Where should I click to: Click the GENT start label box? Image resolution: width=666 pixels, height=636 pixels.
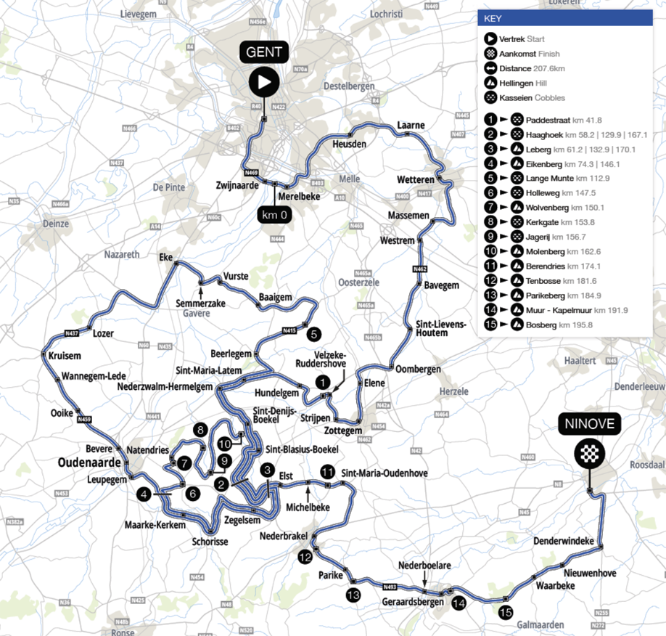(263, 52)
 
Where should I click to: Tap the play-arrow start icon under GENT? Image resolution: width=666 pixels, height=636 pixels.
(263, 81)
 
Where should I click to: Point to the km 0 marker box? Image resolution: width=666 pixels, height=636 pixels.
(276, 214)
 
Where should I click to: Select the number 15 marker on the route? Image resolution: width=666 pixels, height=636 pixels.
(506, 611)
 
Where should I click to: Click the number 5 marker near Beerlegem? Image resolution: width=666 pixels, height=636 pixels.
(313, 335)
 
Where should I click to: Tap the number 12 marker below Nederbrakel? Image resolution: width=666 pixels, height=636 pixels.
(304, 557)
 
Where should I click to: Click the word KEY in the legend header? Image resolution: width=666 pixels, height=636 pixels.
(493, 19)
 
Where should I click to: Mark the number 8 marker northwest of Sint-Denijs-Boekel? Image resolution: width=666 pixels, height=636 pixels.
(200, 430)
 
